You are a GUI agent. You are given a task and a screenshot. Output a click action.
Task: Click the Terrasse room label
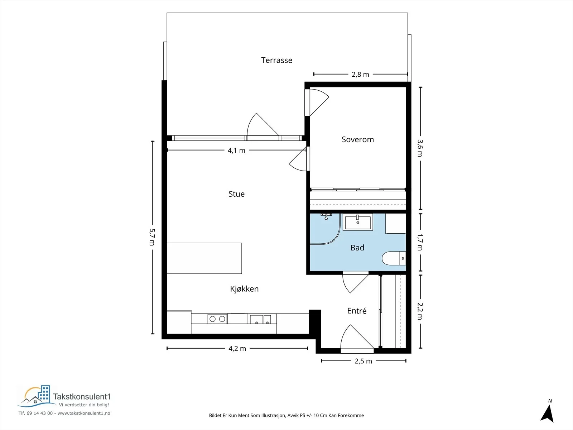277,60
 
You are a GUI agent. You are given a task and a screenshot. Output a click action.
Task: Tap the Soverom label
358,139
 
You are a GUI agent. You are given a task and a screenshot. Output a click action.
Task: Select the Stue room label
236,194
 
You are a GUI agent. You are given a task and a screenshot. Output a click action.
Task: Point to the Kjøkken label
244,289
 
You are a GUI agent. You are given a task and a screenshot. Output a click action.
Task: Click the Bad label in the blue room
357,248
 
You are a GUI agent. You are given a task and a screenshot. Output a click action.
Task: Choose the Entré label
357,311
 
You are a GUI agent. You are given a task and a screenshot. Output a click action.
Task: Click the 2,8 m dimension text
360,75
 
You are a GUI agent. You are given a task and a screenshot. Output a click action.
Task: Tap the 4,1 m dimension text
236,150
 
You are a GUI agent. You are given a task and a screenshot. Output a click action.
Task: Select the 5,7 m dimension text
153,237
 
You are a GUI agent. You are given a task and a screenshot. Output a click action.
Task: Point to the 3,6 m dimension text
420,148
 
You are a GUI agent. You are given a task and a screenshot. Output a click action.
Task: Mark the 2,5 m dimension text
363,361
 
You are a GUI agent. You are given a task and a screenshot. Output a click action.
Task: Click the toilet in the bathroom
394,258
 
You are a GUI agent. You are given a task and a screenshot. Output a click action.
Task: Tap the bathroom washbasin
358,223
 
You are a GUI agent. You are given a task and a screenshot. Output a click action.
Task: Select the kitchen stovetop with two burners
217,319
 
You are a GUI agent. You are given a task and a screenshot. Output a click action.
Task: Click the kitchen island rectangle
204,258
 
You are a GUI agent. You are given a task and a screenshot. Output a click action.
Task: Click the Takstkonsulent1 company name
82,397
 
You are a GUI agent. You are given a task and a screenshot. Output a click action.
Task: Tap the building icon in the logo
44,393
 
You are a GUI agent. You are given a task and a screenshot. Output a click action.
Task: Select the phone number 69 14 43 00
40,413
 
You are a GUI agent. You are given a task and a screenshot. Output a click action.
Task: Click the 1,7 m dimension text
420,242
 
